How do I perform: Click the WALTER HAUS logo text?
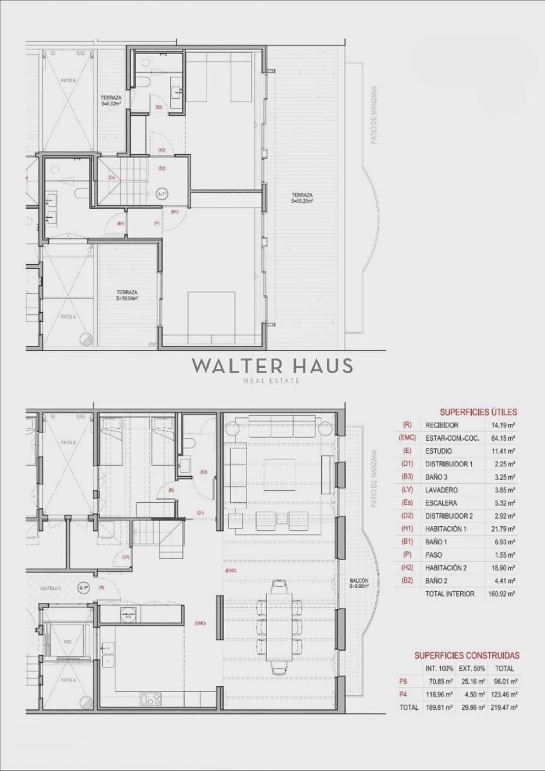(272, 366)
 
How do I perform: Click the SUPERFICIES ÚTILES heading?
(477, 412)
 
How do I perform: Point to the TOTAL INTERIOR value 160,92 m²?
(503, 594)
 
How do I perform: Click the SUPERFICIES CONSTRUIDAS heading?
(467, 655)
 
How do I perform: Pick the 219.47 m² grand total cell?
(504, 707)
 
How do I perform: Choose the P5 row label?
(403, 682)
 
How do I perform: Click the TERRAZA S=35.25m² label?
(302, 198)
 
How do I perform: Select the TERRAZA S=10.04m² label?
(127, 295)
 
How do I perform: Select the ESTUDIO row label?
(438, 451)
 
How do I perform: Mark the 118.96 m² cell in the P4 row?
(440, 695)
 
